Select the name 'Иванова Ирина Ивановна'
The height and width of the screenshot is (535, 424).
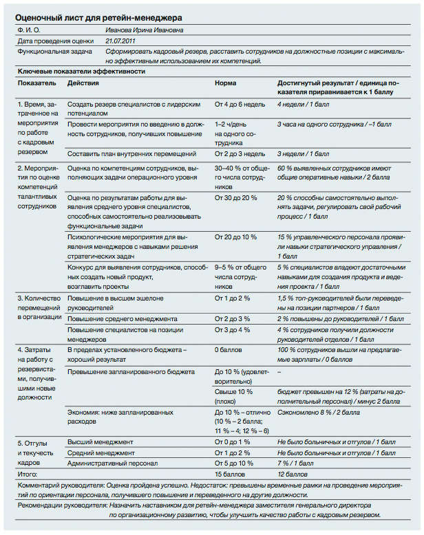[145, 31]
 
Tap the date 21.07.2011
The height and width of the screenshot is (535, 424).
[120, 41]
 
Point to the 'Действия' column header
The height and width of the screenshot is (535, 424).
[83, 83]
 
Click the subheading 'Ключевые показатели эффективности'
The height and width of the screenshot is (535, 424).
[81, 71]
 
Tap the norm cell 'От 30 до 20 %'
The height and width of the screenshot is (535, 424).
[235, 197]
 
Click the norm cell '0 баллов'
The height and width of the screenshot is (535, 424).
[229, 350]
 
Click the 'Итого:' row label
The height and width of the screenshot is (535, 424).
[28, 474]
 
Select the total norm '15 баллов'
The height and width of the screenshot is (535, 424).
[230, 474]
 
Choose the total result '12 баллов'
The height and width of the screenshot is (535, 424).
[292, 474]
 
